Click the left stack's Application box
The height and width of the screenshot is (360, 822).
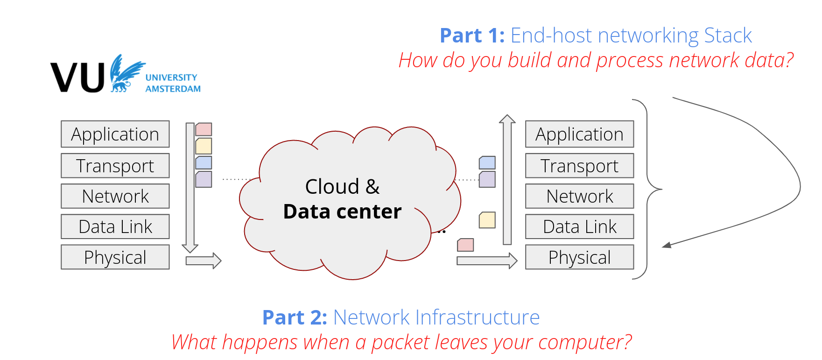[x=115, y=134]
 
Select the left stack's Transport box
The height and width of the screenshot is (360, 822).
[x=115, y=166]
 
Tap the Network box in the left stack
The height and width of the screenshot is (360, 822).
[x=115, y=196]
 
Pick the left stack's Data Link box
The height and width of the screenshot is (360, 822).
[x=115, y=226]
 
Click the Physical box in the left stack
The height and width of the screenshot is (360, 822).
[x=115, y=257]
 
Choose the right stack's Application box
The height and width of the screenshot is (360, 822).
[x=580, y=134]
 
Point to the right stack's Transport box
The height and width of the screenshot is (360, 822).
[x=580, y=166]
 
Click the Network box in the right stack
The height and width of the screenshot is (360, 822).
[x=580, y=196]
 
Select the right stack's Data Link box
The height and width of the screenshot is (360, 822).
[x=580, y=226]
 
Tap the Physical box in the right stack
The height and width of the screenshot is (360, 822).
[x=580, y=257]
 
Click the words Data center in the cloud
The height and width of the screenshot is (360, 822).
[x=342, y=212]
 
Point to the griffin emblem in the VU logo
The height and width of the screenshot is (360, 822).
[x=126, y=73]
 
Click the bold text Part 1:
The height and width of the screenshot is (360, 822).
[x=472, y=35]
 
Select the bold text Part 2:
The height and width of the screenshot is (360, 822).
[x=295, y=318]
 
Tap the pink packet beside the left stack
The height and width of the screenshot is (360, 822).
[x=204, y=129]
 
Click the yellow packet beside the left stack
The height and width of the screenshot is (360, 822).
[x=204, y=146]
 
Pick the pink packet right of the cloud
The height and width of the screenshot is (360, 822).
[x=465, y=245]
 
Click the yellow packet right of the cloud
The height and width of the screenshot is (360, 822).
[x=487, y=220]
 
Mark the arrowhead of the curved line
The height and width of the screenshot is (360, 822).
[x=667, y=245]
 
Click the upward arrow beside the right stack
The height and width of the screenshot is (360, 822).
[x=507, y=180]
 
